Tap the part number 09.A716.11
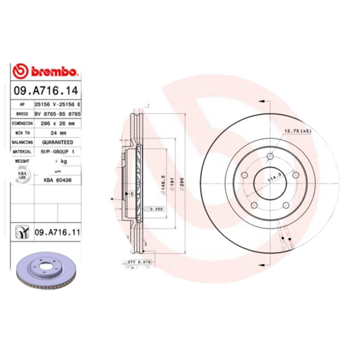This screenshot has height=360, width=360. (58, 232)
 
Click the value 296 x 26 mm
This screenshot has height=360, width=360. (58, 123)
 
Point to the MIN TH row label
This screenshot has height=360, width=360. (22, 133)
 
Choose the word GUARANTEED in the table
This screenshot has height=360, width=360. (58, 142)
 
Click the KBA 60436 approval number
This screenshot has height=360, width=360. (58, 180)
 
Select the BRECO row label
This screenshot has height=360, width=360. (22, 114)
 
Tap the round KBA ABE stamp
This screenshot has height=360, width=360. (22, 176)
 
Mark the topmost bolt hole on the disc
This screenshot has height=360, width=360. (270, 156)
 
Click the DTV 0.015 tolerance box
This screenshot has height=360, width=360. (139, 261)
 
